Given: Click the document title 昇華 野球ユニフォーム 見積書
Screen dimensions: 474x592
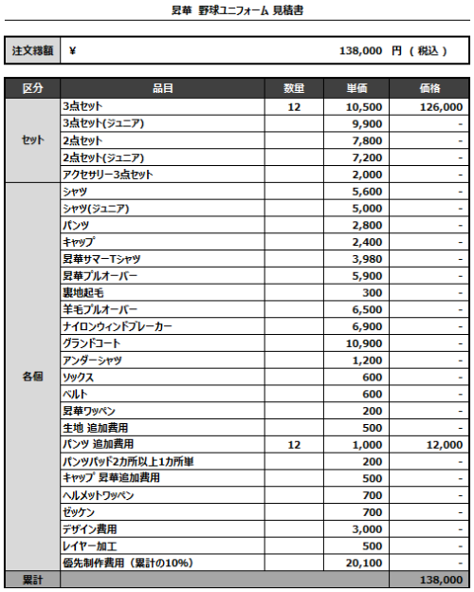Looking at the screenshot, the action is click(x=237, y=11).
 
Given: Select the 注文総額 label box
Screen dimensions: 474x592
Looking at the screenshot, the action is click(x=32, y=51).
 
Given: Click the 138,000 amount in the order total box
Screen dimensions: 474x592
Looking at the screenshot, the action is click(x=360, y=51).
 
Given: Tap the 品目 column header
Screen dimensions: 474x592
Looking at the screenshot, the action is click(x=162, y=88).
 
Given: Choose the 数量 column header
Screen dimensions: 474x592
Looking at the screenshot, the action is click(x=294, y=88).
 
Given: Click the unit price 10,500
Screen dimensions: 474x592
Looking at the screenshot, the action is click(x=365, y=107).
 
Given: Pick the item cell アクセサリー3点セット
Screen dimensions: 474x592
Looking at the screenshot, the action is click(x=107, y=175).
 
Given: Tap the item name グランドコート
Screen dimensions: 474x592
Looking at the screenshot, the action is click(x=92, y=343).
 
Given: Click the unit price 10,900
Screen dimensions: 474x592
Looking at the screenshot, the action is click(x=365, y=343).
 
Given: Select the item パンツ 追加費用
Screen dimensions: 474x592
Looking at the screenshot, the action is click(x=98, y=444).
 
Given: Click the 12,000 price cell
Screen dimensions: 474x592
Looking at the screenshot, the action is click(x=443, y=444).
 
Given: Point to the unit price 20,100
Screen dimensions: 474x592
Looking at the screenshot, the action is click(x=365, y=563).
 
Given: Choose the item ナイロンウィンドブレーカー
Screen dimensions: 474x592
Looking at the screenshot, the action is click(x=118, y=326).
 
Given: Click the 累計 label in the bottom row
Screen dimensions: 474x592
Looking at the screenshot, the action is click(x=32, y=579).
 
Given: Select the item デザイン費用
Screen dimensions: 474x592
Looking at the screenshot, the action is click(x=90, y=528).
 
